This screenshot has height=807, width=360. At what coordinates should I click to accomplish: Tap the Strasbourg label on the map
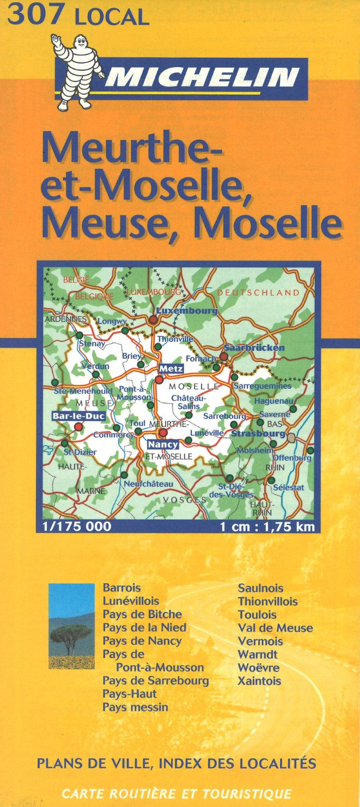pos(258,434)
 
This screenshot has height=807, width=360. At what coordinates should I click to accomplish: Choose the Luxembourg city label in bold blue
pos(186,311)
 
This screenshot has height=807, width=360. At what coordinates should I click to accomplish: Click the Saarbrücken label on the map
pos(254,347)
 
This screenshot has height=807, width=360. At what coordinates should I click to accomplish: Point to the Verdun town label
pos(95,366)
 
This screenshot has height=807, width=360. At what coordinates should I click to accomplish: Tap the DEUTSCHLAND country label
pos(258,292)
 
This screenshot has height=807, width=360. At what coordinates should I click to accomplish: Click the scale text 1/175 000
pos(76,527)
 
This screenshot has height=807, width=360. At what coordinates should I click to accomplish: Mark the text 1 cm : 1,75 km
pos(267,527)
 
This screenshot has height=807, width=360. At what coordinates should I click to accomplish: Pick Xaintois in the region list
pos(259,681)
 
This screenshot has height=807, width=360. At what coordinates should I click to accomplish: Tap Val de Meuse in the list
pos(275,628)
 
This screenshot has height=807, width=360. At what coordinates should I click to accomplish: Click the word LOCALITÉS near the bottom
pos(276,763)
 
